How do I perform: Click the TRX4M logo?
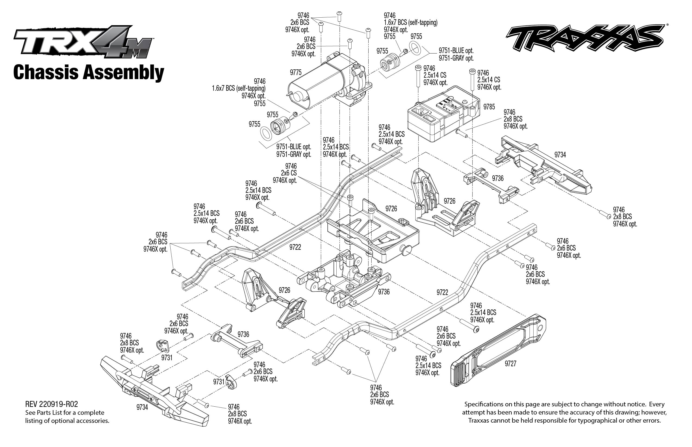(x=83, y=42)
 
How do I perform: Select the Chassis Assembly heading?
(x=89, y=73)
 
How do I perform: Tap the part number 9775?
(x=296, y=72)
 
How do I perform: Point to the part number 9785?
(x=489, y=107)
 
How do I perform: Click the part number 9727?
(x=510, y=363)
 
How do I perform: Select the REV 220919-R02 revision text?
(x=52, y=404)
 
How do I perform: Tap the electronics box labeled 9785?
(x=443, y=115)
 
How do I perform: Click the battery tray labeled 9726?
(x=374, y=232)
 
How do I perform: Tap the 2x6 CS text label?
(x=289, y=173)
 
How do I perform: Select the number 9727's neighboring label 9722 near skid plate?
(x=442, y=293)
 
